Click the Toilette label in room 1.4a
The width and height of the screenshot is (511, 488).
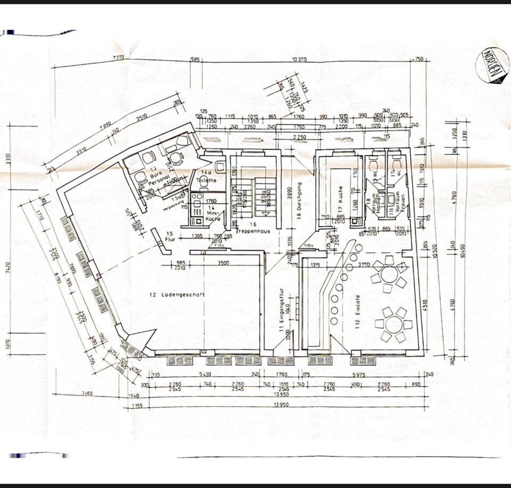click(x=205, y=180)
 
